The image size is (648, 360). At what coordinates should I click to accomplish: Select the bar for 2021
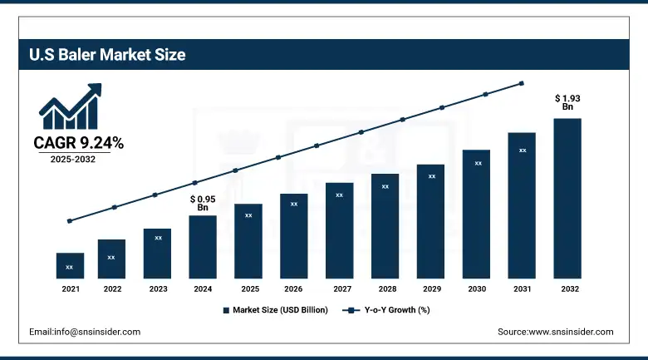click(x=70, y=265)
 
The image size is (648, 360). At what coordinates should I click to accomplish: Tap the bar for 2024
click(x=203, y=247)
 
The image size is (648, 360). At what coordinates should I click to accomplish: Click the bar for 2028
click(x=385, y=225)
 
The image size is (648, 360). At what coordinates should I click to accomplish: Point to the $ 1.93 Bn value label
click(x=567, y=102)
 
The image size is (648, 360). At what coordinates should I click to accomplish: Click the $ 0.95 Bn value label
click(x=203, y=203)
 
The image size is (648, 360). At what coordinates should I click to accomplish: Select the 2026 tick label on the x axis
click(x=293, y=288)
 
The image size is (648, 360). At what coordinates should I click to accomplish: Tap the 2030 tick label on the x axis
click(x=478, y=288)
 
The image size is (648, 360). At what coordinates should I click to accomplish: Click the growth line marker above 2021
click(x=70, y=221)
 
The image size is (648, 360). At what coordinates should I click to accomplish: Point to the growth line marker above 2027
click(x=361, y=132)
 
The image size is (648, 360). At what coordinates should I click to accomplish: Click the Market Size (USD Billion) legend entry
click(x=276, y=310)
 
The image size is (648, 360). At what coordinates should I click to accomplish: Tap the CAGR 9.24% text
click(x=78, y=143)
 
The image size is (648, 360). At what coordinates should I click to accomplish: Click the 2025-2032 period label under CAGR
click(x=71, y=159)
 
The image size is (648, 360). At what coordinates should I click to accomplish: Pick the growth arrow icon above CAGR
click(x=71, y=106)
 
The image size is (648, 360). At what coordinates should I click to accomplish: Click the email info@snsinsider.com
click(x=85, y=332)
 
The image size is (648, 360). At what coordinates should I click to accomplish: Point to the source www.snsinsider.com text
click(x=555, y=332)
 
